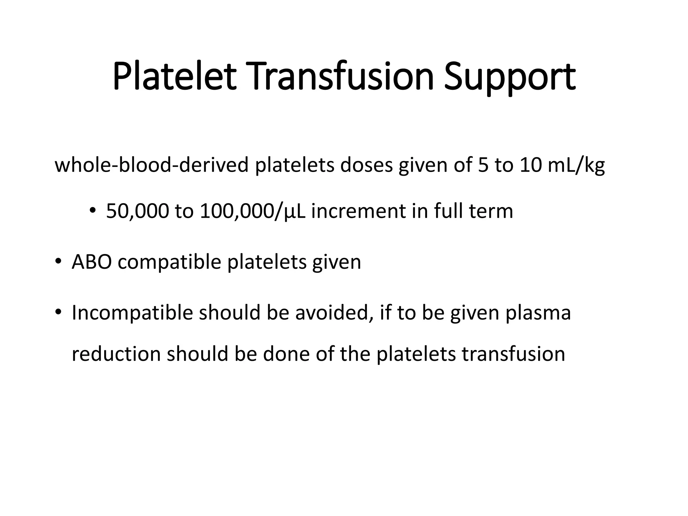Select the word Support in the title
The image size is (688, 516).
click(x=510, y=78)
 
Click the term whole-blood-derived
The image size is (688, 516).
click(x=152, y=165)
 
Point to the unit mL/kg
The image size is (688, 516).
click(x=576, y=166)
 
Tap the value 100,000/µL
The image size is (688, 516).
click(x=252, y=212)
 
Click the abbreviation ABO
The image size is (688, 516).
click(x=92, y=262)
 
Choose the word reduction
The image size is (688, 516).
click(x=116, y=354)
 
